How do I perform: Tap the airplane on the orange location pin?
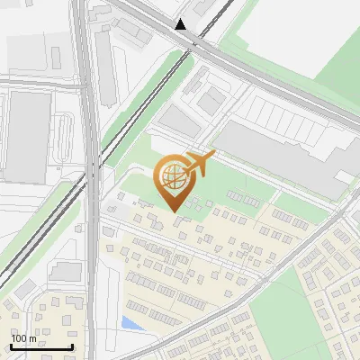tap(198, 165)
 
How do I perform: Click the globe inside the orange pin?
tap(173, 177)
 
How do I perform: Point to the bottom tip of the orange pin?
tap(175, 211)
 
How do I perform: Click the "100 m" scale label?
tap(23, 337)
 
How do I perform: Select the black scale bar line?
tap(41, 346)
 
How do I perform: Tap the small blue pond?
tap(131, 322)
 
